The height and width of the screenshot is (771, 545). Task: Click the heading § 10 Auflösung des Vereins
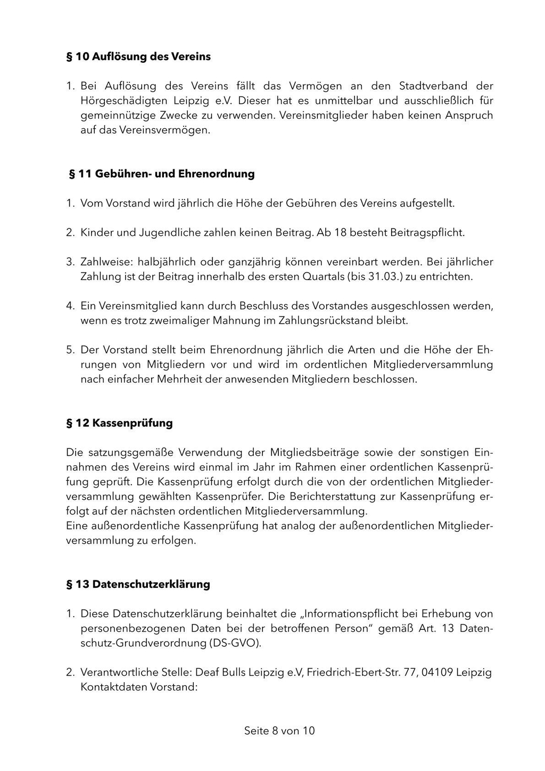coord(138,56)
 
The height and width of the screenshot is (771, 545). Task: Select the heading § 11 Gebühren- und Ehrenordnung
coord(162,174)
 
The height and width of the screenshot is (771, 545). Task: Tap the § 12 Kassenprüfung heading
coord(119,423)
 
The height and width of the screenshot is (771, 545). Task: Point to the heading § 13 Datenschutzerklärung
coord(138,584)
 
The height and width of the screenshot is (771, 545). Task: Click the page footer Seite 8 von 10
coord(279,731)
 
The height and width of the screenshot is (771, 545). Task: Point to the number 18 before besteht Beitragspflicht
coord(341,233)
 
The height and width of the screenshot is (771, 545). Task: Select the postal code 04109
coord(437,672)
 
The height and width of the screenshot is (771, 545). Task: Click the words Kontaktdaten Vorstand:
coord(139,687)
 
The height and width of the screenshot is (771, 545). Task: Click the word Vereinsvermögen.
coord(154,130)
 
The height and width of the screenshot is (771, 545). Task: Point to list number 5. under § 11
coord(70,350)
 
